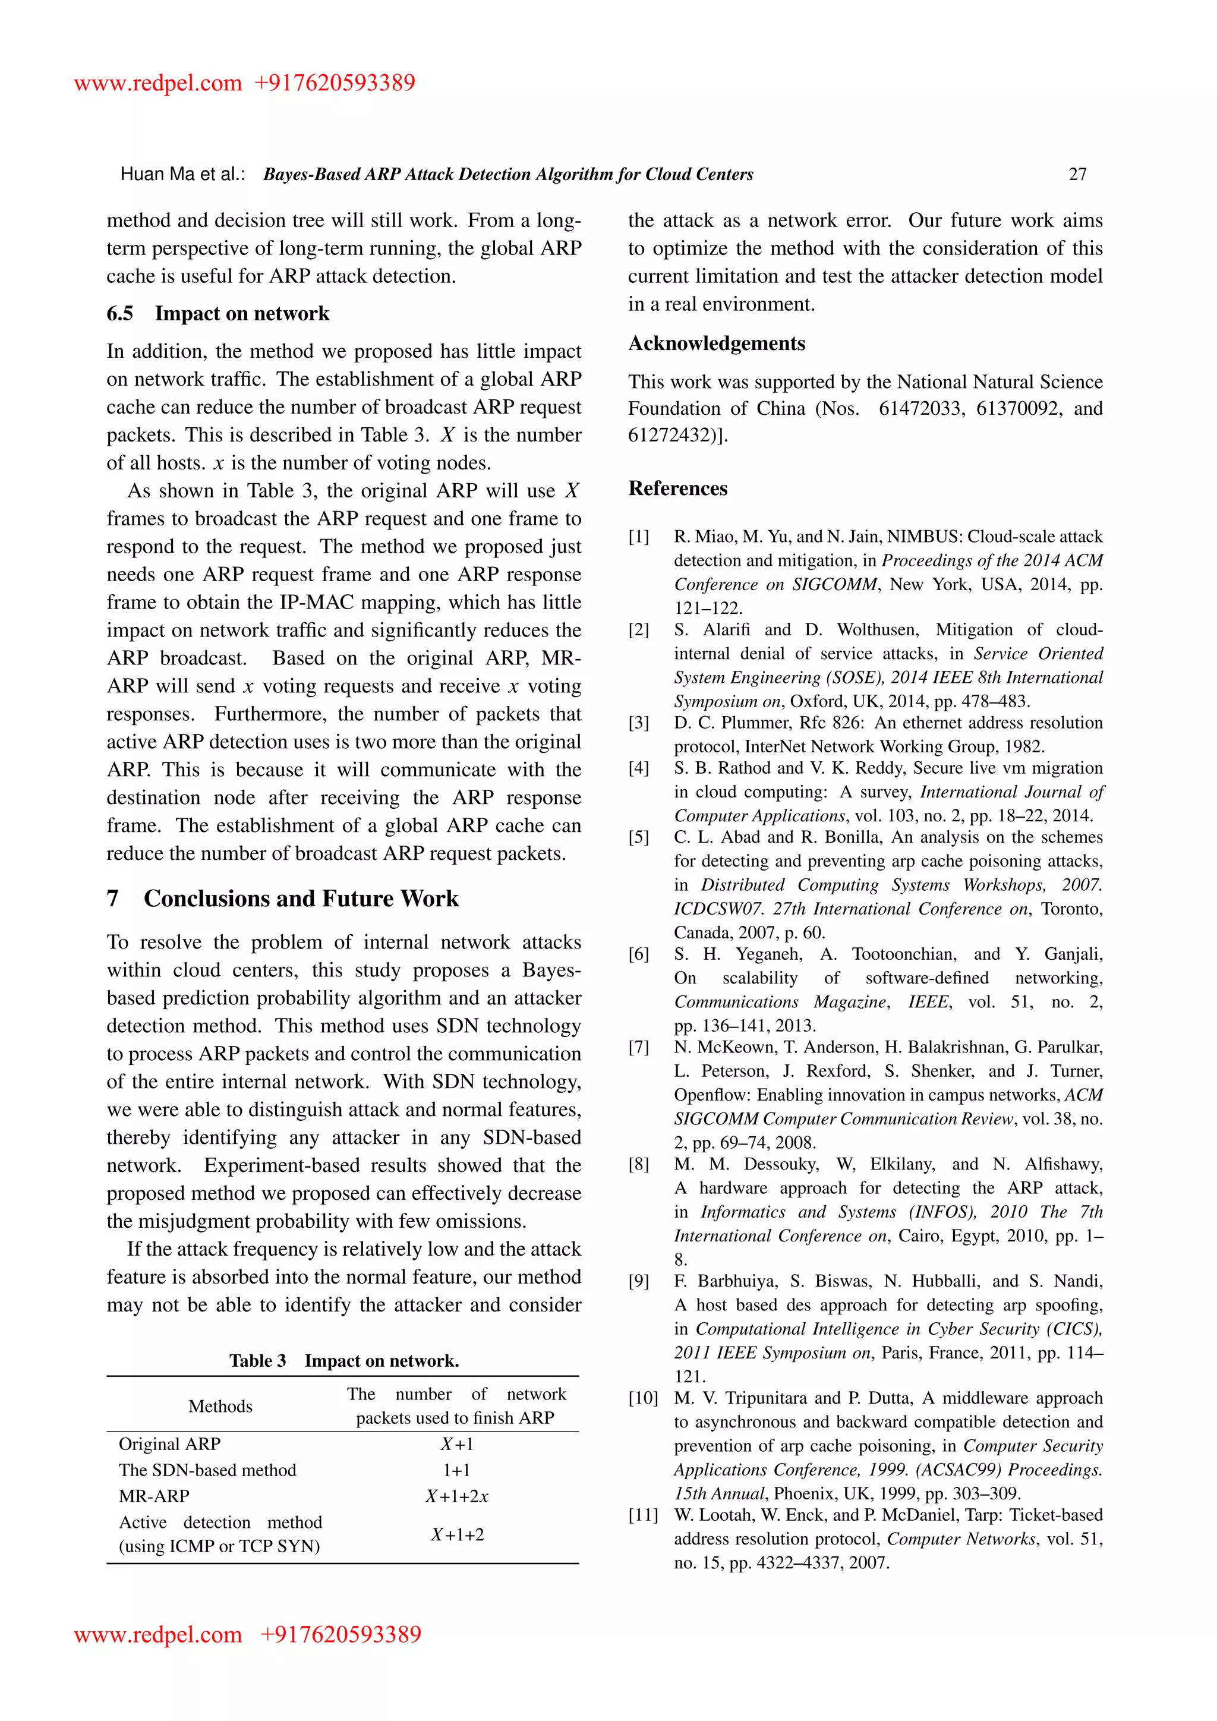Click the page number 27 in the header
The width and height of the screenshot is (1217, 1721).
[1077, 175]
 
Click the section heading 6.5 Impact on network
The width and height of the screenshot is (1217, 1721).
[218, 313]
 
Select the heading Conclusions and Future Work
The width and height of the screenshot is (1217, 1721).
[301, 898]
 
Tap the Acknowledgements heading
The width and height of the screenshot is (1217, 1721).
[717, 343]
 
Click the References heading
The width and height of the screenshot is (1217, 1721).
[677, 488]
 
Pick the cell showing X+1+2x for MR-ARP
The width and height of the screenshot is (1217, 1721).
[456, 1496]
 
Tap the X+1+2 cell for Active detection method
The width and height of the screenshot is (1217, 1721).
[456, 1534]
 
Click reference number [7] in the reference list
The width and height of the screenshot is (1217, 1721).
[638, 1048]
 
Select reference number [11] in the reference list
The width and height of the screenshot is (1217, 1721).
[643, 1515]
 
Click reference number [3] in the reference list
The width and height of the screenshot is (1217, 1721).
[638, 723]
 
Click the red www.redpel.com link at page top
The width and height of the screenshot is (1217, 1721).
[157, 83]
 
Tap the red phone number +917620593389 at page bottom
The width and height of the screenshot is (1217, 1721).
[340, 1634]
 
